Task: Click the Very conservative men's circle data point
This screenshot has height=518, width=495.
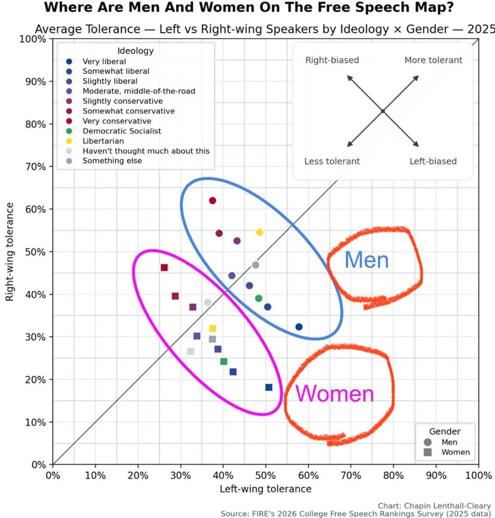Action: click(212, 201)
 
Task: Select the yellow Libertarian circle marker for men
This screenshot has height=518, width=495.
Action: click(260, 232)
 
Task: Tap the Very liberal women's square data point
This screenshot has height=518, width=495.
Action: click(269, 387)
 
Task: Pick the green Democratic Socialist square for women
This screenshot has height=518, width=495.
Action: click(224, 361)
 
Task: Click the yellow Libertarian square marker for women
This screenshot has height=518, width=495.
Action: click(213, 328)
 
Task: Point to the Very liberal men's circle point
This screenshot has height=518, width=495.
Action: click(299, 327)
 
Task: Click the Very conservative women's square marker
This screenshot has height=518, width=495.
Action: click(164, 267)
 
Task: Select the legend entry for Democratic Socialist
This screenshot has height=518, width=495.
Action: click(121, 131)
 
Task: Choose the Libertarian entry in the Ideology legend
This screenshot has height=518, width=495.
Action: click(103, 141)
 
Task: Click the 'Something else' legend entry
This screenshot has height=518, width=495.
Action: click(112, 161)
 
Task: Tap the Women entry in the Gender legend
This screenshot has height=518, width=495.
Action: click(455, 452)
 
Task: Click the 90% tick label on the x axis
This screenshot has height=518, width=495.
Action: click(436, 475)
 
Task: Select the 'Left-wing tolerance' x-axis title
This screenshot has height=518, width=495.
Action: click(265, 489)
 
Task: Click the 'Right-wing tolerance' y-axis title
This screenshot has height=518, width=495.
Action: click(9, 252)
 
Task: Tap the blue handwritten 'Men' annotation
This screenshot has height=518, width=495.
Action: click(366, 260)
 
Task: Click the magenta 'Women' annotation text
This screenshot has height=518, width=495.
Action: click(335, 394)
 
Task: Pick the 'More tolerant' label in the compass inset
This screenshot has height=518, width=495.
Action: click(433, 60)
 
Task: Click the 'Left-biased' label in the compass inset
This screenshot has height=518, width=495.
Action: click(433, 161)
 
